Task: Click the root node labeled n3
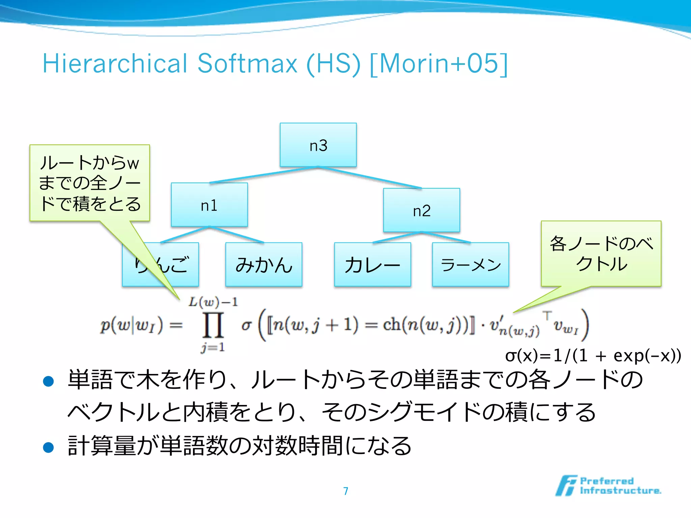click(318, 145)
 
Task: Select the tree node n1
click(209, 205)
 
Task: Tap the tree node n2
click(421, 210)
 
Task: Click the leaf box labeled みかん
click(264, 264)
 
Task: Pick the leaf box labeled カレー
click(372, 264)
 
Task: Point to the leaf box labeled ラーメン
click(470, 264)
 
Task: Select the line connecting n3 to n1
click(263, 175)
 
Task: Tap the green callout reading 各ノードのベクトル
click(601, 254)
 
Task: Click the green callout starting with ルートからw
click(89, 183)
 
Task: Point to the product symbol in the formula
click(213, 325)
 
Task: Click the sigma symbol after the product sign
click(246, 325)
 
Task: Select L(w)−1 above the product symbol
click(213, 302)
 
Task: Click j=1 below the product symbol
click(213, 347)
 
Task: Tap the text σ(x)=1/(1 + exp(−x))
click(593, 355)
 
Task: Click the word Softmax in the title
click(247, 63)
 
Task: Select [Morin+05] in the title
click(439, 63)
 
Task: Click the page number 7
click(345, 491)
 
